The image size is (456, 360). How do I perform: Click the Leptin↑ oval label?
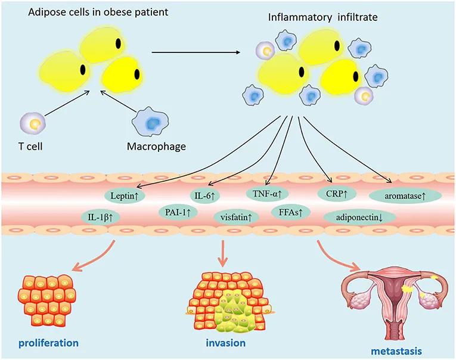point(123,195)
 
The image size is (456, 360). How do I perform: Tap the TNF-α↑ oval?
point(267,193)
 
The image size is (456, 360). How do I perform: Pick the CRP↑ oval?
point(337,194)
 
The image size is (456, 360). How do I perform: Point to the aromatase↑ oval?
point(405,196)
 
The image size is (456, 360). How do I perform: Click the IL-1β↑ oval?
point(100,216)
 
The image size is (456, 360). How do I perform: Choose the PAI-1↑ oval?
point(178,213)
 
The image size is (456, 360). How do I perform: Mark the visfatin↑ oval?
point(236,217)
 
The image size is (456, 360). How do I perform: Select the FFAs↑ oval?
point(290,213)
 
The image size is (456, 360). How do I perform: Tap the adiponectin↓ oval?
point(359,218)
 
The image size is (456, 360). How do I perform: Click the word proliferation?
point(48,343)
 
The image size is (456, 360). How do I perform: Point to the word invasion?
point(226,343)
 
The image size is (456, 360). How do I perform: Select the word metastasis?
point(396,351)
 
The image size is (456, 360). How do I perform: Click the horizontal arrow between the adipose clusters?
point(196,52)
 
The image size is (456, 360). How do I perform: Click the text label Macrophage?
point(156,146)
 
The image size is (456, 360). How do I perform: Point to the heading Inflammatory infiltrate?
point(323,17)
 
